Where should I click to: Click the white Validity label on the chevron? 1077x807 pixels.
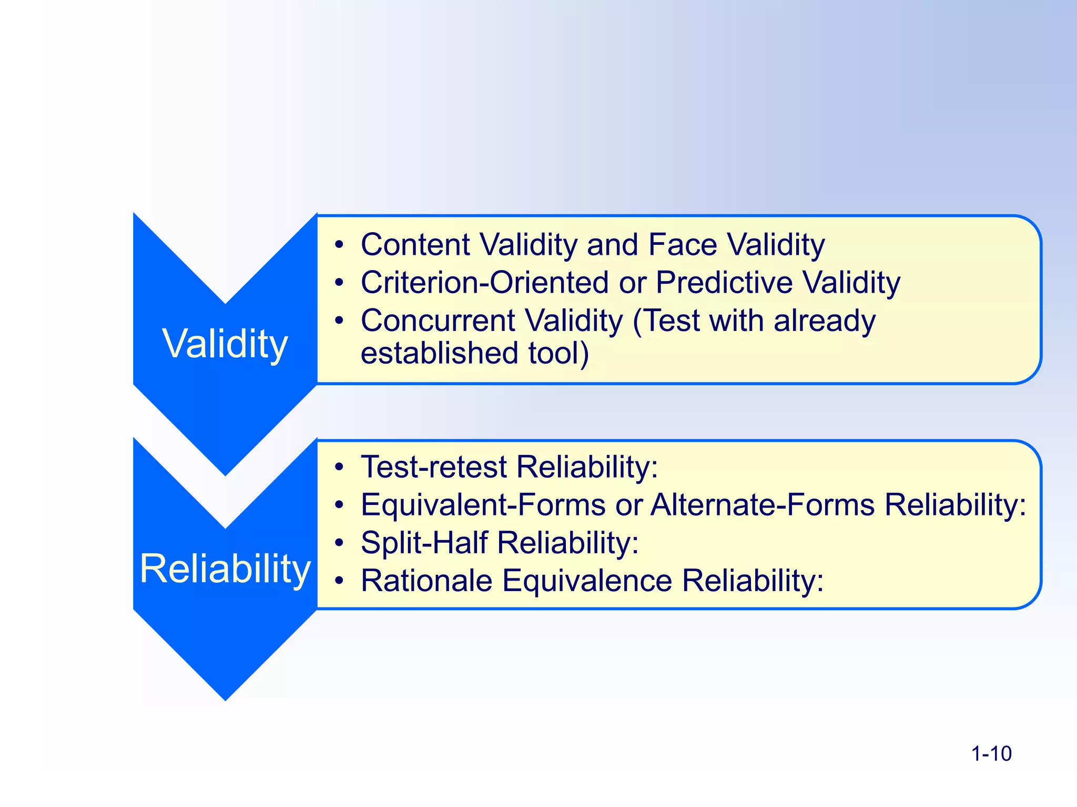[225, 344]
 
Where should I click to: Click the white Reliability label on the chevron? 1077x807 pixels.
[225, 568]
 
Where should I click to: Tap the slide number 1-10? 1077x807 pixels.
[991, 753]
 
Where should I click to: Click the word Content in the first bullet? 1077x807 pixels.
[415, 245]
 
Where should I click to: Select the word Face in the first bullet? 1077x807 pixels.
[683, 245]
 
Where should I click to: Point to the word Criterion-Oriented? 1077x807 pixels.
[484, 283]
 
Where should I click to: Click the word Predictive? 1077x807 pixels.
[724, 283]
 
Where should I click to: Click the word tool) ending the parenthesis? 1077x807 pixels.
[558, 353]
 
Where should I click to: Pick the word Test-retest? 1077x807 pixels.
[434, 467]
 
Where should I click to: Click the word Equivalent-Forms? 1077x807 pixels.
[483, 505]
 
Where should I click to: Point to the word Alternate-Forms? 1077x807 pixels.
[763, 505]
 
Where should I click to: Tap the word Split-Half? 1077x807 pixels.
[424, 543]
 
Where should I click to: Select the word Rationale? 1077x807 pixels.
[426, 581]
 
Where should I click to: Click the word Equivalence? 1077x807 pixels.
[587, 581]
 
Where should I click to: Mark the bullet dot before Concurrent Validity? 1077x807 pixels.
[340, 320]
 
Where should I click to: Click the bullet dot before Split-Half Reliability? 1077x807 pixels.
[340, 543]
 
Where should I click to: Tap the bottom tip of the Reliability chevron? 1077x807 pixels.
[226, 698]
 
